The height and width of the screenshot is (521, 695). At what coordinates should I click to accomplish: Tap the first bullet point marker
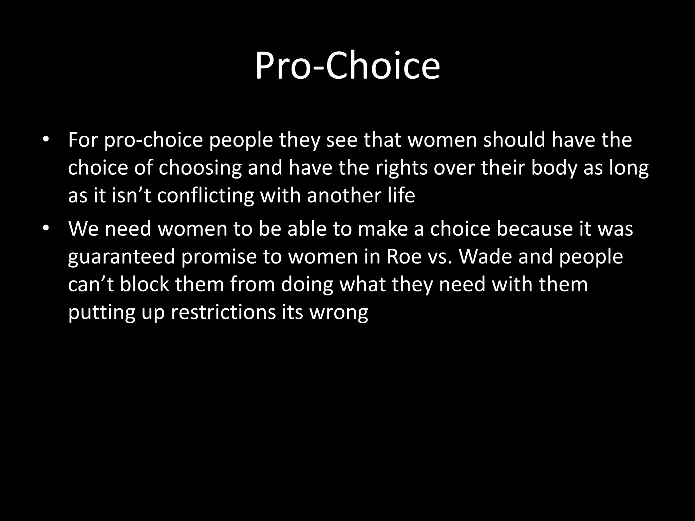[46, 140]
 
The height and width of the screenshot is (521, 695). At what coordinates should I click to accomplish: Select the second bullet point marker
[46, 229]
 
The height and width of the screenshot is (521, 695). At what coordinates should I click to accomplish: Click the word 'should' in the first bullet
[514, 139]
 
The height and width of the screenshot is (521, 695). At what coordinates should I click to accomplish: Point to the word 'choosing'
[200, 168]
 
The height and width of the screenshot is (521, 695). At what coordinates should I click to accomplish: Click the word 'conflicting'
[205, 195]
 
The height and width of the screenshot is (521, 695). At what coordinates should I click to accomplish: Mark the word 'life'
[400, 195]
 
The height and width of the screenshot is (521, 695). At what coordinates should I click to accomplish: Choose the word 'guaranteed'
[121, 256]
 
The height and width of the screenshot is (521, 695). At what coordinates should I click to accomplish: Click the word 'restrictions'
[223, 312]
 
